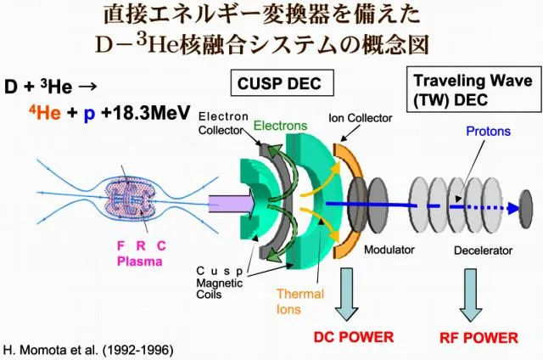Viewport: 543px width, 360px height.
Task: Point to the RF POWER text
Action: click(479, 338)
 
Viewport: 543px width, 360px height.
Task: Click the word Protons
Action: click(486, 132)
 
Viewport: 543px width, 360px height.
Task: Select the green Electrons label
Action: click(280, 126)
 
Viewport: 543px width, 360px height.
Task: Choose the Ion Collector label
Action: click(360, 119)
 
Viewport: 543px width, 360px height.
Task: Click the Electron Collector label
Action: click(221, 123)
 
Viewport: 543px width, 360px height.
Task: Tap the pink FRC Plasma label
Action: click(140, 254)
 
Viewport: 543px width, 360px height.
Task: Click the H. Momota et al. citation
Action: click(88, 349)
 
